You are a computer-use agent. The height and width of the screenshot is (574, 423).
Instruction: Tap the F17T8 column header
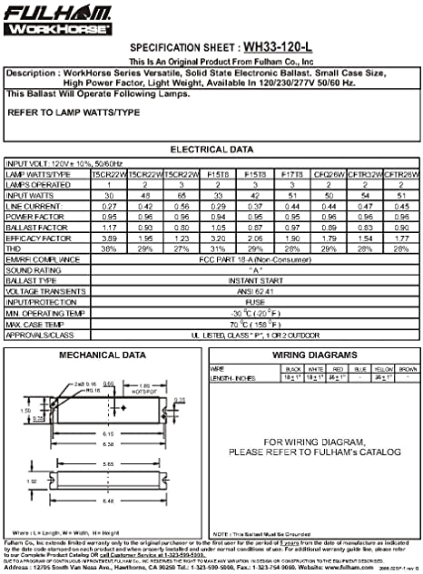pos(292,173)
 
